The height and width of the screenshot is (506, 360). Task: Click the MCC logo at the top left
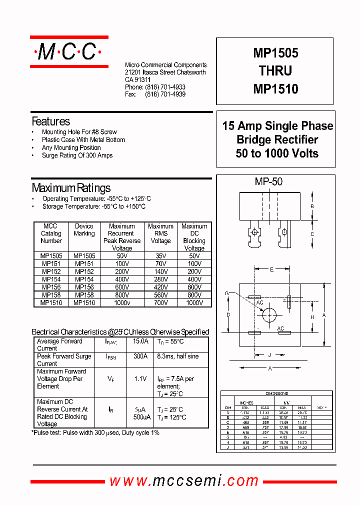pyautogui.click(x=69, y=51)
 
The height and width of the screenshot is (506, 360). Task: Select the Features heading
pyautogui.click(x=50, y=121)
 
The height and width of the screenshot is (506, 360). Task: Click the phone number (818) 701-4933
pyautogui.click(x=165, y=87)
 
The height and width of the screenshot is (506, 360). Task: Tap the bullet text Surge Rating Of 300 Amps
pyautogui.click(x=77, y=155)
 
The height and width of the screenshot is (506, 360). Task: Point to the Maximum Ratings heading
pyautogui.click(x=71, y=188)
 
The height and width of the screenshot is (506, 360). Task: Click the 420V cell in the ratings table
pyautogui.click(x=160, y=287)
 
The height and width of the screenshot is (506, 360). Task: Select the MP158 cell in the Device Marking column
pyautogui.click(x=84, y=295)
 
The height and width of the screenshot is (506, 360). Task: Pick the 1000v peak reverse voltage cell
pyautogui.click(x=121, y=302)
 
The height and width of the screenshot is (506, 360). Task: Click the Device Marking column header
pyautogui.click(x=84, y=230)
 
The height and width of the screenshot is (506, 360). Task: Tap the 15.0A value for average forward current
pyautogui.click(x=140, y=341)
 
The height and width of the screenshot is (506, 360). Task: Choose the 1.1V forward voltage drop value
pyautogui.click(x=140, y=379)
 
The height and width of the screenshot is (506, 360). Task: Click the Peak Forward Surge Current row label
pyautogui.click(x=64, y=360)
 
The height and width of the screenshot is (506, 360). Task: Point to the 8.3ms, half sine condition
pyautogui.click(x=177, y=356)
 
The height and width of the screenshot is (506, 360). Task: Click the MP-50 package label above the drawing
pyautogui.click(x=268, y=182)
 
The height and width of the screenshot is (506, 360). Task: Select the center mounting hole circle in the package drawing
pyautogui.click(x=269, y=314)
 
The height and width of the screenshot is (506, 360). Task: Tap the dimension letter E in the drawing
pyautogui.click(x=271, y=269)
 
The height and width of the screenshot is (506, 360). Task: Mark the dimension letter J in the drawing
pyautogui.click(x=269, y=355)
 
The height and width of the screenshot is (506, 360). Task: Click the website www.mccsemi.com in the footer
pyautogui.click(x=184, y=481)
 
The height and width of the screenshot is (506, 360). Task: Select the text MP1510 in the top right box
pyautogui.click(x=275, y=89)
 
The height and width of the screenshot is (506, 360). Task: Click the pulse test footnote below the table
pyautogui.click(x=95, y=432)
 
